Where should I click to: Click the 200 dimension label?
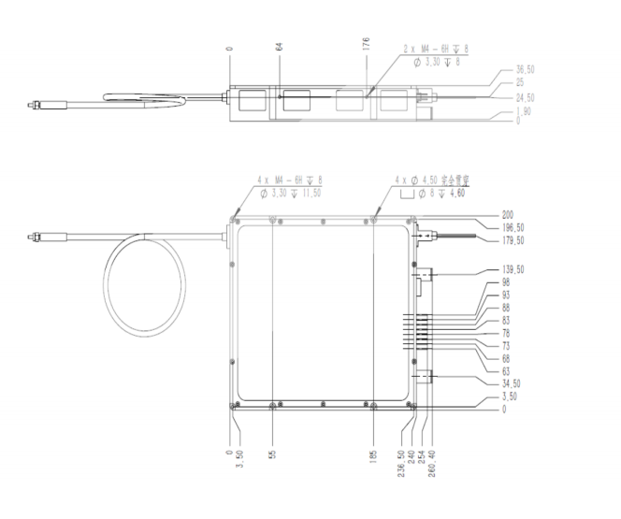[x=508, y=215]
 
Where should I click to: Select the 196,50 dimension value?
[x=513, y=227]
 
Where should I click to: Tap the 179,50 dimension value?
[x=513, y=240]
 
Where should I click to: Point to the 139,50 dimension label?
[x=513, y=269]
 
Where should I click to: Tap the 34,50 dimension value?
[x=512, y=384]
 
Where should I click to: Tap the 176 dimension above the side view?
[x=368, y=46]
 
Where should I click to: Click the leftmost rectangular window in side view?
[x=253, y=102]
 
